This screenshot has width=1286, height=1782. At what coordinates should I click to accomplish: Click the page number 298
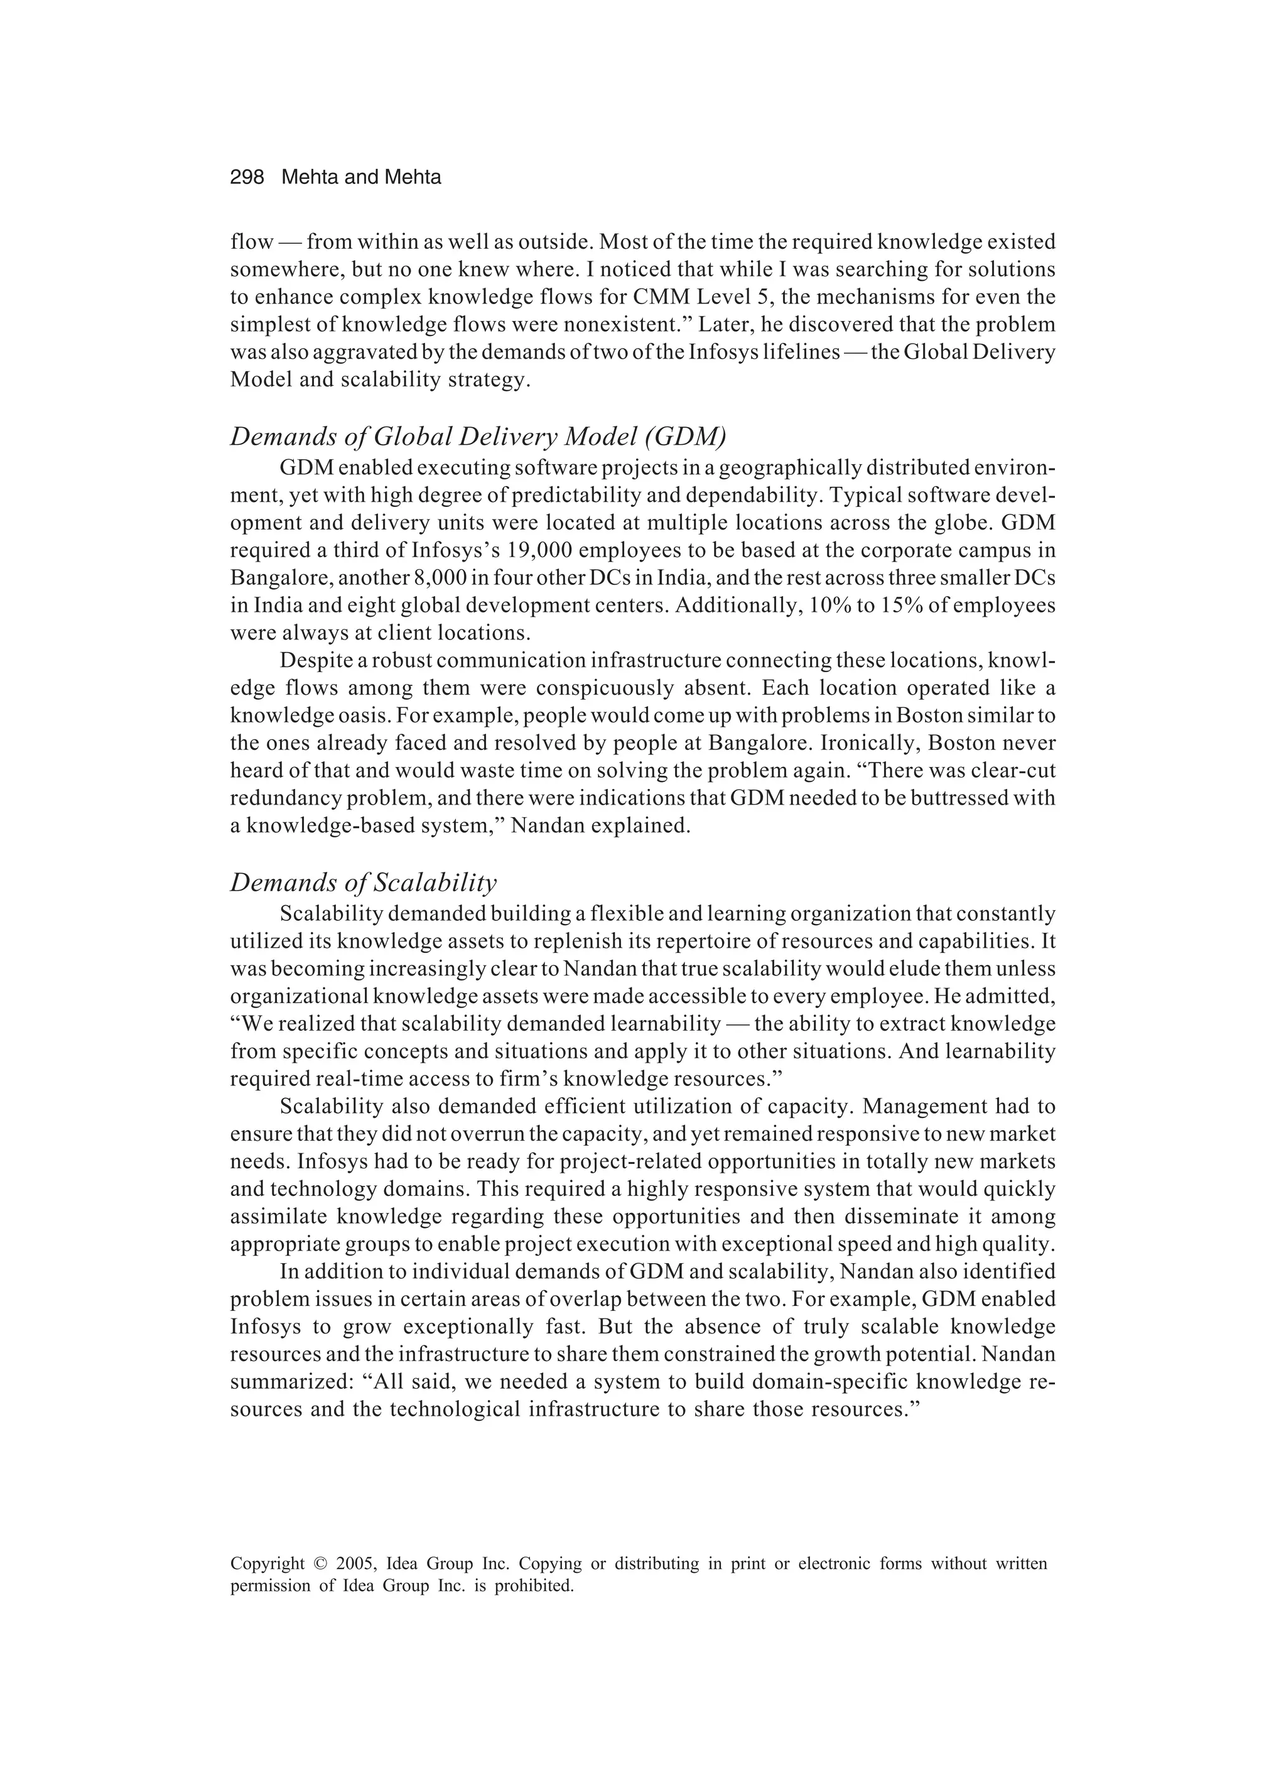coord(247,178)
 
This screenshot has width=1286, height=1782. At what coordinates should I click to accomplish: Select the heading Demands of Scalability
coord(363,883)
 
